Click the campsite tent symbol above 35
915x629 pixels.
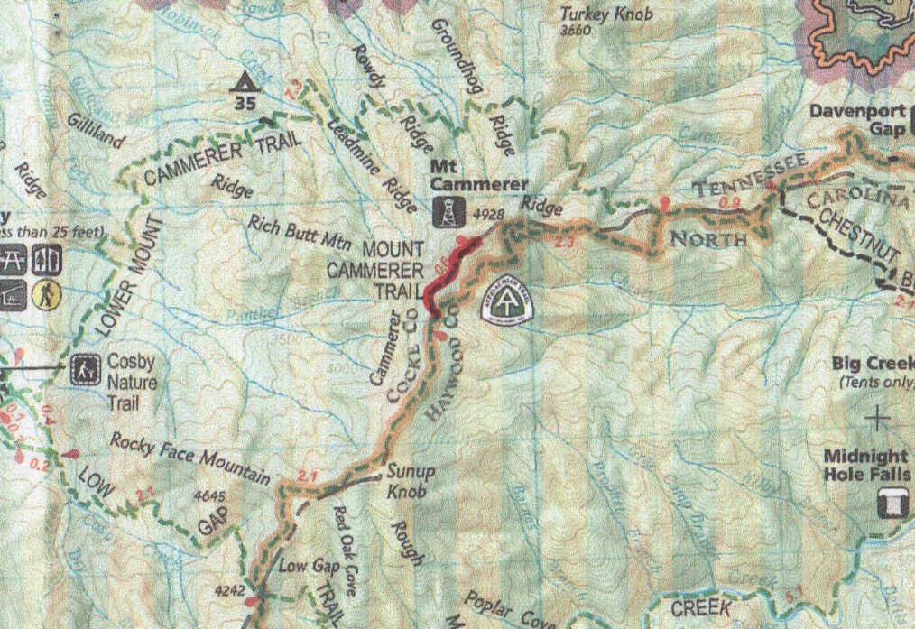coord(243,83)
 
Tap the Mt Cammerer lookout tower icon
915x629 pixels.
coord(445,214)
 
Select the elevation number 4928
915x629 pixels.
coord(487,215)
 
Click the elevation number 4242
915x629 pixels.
coord(231,591)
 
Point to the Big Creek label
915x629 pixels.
coord(873,364)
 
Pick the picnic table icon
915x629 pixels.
coord(13,260)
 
